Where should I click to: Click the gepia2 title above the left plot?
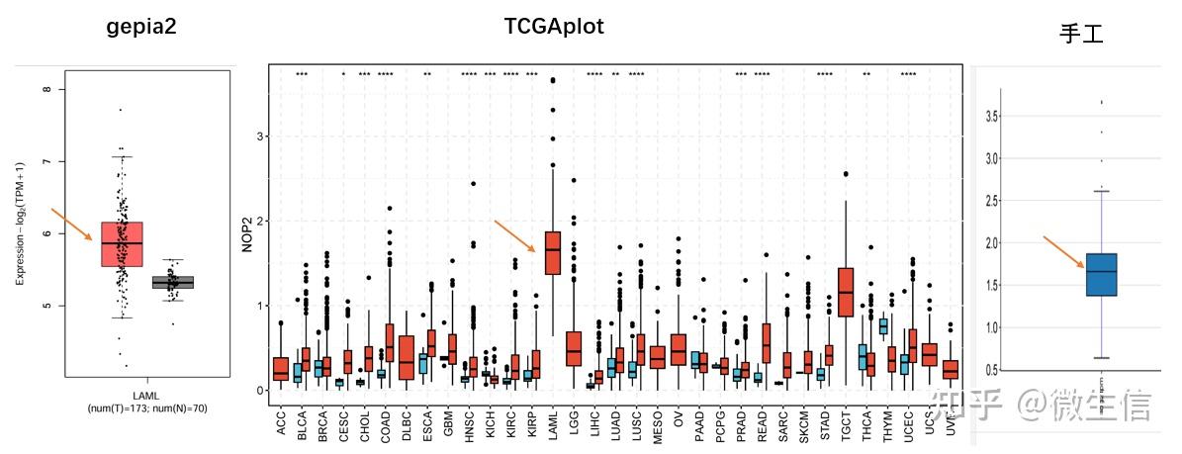[141, 28]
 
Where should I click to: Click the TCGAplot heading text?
[554, 27]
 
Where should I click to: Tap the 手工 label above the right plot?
[1080, 35]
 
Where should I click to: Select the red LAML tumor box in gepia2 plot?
[122, 243]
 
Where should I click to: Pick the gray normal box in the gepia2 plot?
[173, 282]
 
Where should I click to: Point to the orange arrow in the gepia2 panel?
[71, 224]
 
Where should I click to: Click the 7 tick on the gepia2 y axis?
[47, 161]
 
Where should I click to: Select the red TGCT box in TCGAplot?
[846, 291]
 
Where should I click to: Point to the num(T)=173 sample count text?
[146, 408]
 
